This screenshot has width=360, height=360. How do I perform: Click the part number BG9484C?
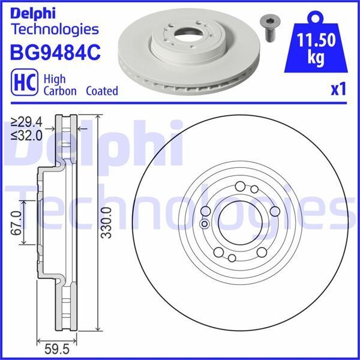click(55, 53)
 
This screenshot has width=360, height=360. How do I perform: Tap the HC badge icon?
click(22, 83)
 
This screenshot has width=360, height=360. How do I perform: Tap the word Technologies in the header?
click(55, 28)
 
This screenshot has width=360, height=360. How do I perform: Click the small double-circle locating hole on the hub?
click(204, 224)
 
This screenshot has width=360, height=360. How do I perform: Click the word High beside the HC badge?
click(56, 78)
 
